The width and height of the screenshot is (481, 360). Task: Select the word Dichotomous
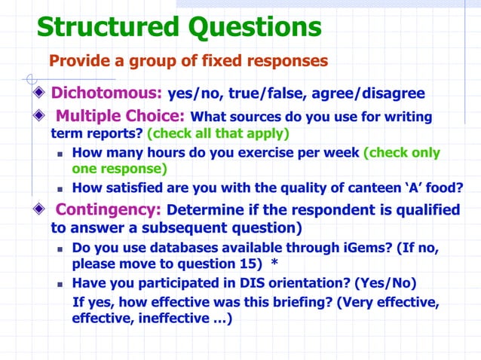coord(106,94)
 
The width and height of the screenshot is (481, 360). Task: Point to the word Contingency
coord(109,209)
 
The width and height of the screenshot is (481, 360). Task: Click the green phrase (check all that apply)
coord(218,133)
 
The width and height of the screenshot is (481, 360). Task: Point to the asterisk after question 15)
coord(274,263)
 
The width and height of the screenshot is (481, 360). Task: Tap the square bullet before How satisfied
coord(62,189)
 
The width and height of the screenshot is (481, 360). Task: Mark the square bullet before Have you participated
coord(62,283)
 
